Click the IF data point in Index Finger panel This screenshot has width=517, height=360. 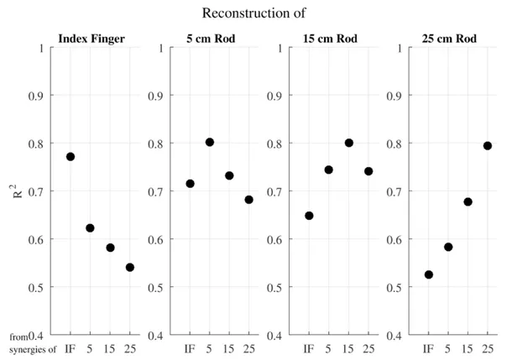click(x=70, y=157)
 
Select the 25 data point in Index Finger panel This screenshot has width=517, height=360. click(x=130, y=268)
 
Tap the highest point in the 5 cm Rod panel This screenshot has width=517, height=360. click(x=210, y=143)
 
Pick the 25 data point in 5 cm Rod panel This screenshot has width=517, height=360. click(x=249, y=200)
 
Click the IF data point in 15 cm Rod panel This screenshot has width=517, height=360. click(x=309, y=216)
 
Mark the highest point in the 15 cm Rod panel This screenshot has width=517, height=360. click(x=349, y=143)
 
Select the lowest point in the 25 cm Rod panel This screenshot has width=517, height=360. click(x=429, y=274)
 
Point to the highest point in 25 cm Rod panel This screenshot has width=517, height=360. click(x=488, y=146)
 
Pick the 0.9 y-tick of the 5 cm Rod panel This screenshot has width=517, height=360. click(x=154, y=96)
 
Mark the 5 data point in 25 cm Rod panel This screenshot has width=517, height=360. click(x=448, y=247)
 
